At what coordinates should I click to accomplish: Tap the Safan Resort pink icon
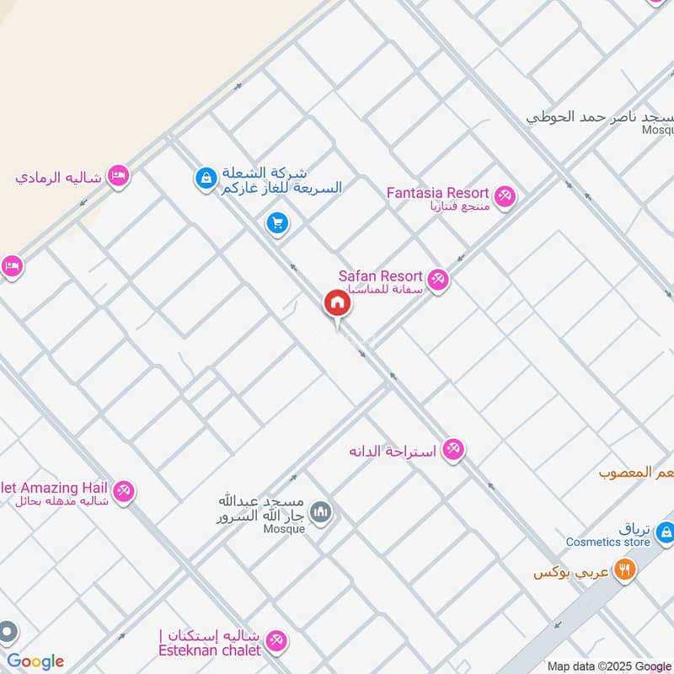[x=438, y=279]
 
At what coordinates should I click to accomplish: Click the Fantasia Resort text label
[x=437, y=193]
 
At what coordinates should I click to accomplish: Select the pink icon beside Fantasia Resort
[x=505, y=196]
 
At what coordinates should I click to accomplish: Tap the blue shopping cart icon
[x=276, y=223]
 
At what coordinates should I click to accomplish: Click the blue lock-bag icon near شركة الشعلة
[x=204, y=178]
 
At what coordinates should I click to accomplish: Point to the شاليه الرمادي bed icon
[x=119, y=176]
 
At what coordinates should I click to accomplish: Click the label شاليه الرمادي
[x=58, y=179]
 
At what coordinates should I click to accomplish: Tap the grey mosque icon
[x=321, y=511]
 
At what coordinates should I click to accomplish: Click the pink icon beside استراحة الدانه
[x=453, y=450]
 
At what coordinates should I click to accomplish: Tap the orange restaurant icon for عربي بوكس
[x=624, y=571]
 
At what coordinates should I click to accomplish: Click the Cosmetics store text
[x=607, y=543]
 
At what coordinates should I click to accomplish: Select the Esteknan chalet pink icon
[x=276, y=643]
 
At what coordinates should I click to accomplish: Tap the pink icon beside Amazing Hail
[x=124, y=490]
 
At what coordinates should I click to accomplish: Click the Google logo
[x=35, y=661]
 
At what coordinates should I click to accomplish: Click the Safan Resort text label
[x=380, y=275]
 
